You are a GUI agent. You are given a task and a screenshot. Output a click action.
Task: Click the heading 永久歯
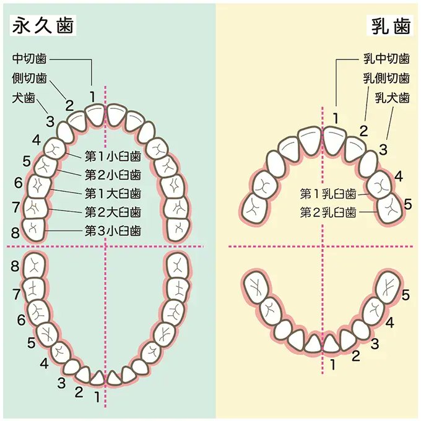click(x=43, y=25)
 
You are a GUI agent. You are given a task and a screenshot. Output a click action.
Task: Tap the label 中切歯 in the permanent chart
click(x=29, y=59)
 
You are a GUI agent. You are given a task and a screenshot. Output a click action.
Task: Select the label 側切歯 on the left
click(x=29, y=79)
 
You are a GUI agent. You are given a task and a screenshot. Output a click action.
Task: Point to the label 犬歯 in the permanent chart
click(x=24, y=98)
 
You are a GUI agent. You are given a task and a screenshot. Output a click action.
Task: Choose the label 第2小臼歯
click(x=112, y=175)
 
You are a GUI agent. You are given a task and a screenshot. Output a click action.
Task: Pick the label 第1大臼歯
click(x=112, y=194)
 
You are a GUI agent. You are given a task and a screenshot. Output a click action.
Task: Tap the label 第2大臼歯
click(x=112, y=212)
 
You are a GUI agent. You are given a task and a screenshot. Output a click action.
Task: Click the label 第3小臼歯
click(x=112, y=232)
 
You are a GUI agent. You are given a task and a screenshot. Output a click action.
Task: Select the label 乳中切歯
click(x=386, y=59)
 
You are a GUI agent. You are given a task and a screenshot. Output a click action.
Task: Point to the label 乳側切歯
click(x=386, y=79)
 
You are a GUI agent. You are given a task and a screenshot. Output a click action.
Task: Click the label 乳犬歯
click(x=392, y=98)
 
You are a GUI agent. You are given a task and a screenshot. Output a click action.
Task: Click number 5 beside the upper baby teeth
click(x=407, y=203)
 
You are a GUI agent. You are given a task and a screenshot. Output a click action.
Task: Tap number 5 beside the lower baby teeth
click(x=406, y=295)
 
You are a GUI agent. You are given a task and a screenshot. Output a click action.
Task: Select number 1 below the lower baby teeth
click(x=333, y=365)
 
